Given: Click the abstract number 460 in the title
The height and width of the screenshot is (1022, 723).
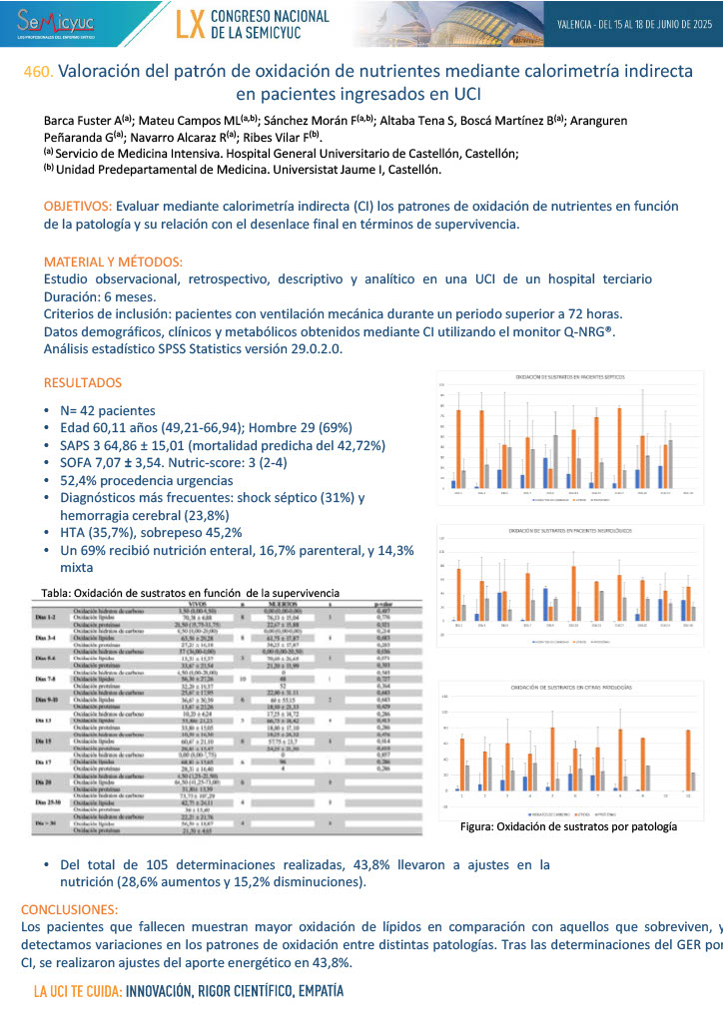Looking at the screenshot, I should pos(38,73).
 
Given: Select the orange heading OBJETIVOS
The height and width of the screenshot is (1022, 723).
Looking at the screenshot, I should pos(77,205).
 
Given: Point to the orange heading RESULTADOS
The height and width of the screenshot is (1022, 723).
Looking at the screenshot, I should pos(83,382).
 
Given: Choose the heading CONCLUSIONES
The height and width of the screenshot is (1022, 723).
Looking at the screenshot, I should pos(69,909).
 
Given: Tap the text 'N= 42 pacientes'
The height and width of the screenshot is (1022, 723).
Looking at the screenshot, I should pos(108,410).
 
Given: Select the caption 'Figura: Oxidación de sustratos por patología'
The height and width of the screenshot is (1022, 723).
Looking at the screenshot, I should pos(567,826).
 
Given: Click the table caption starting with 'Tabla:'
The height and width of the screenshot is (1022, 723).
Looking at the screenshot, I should pos(190,592).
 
